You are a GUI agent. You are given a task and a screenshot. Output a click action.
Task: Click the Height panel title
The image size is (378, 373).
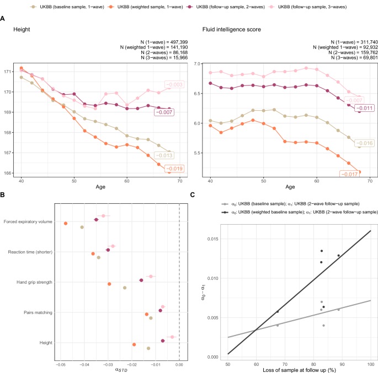tap(22, 29)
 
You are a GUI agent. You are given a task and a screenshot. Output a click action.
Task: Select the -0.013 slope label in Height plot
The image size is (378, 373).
tap(173, 155)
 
